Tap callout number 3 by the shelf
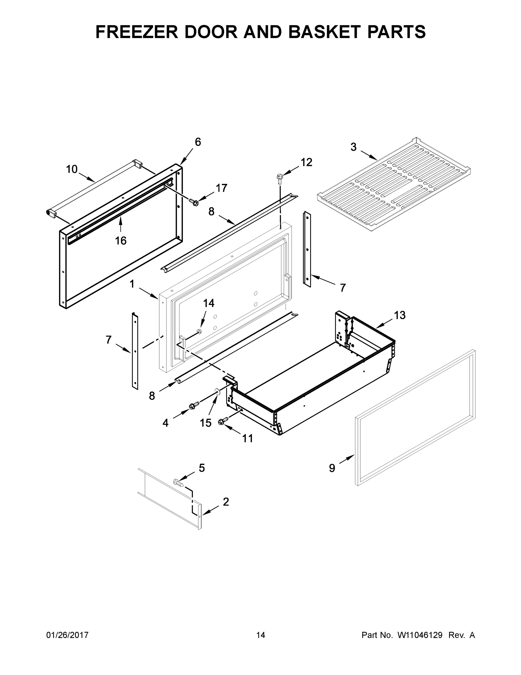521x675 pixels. pyautogui.click(x=353, y=147)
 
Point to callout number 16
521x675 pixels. pyautogui.click(x=121, y=240)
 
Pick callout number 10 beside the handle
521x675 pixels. pyautogui.click(x=72, y=169)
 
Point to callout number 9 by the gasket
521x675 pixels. pyautogui.click(x=332, y=469)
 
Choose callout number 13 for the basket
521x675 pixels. pyautogui.click(x=399, y=316)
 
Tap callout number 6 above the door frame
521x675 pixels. pyautogui.click(x=198, y=142)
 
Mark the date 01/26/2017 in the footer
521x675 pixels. pyautogui.click(x=67, y=635)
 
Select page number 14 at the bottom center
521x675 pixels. pyautogui.click(x=261, y=635)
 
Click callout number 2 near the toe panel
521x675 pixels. pyautogui.click(x=226, y=502)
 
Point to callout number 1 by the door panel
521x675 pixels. pyautogui.click(x=132, y=284)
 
